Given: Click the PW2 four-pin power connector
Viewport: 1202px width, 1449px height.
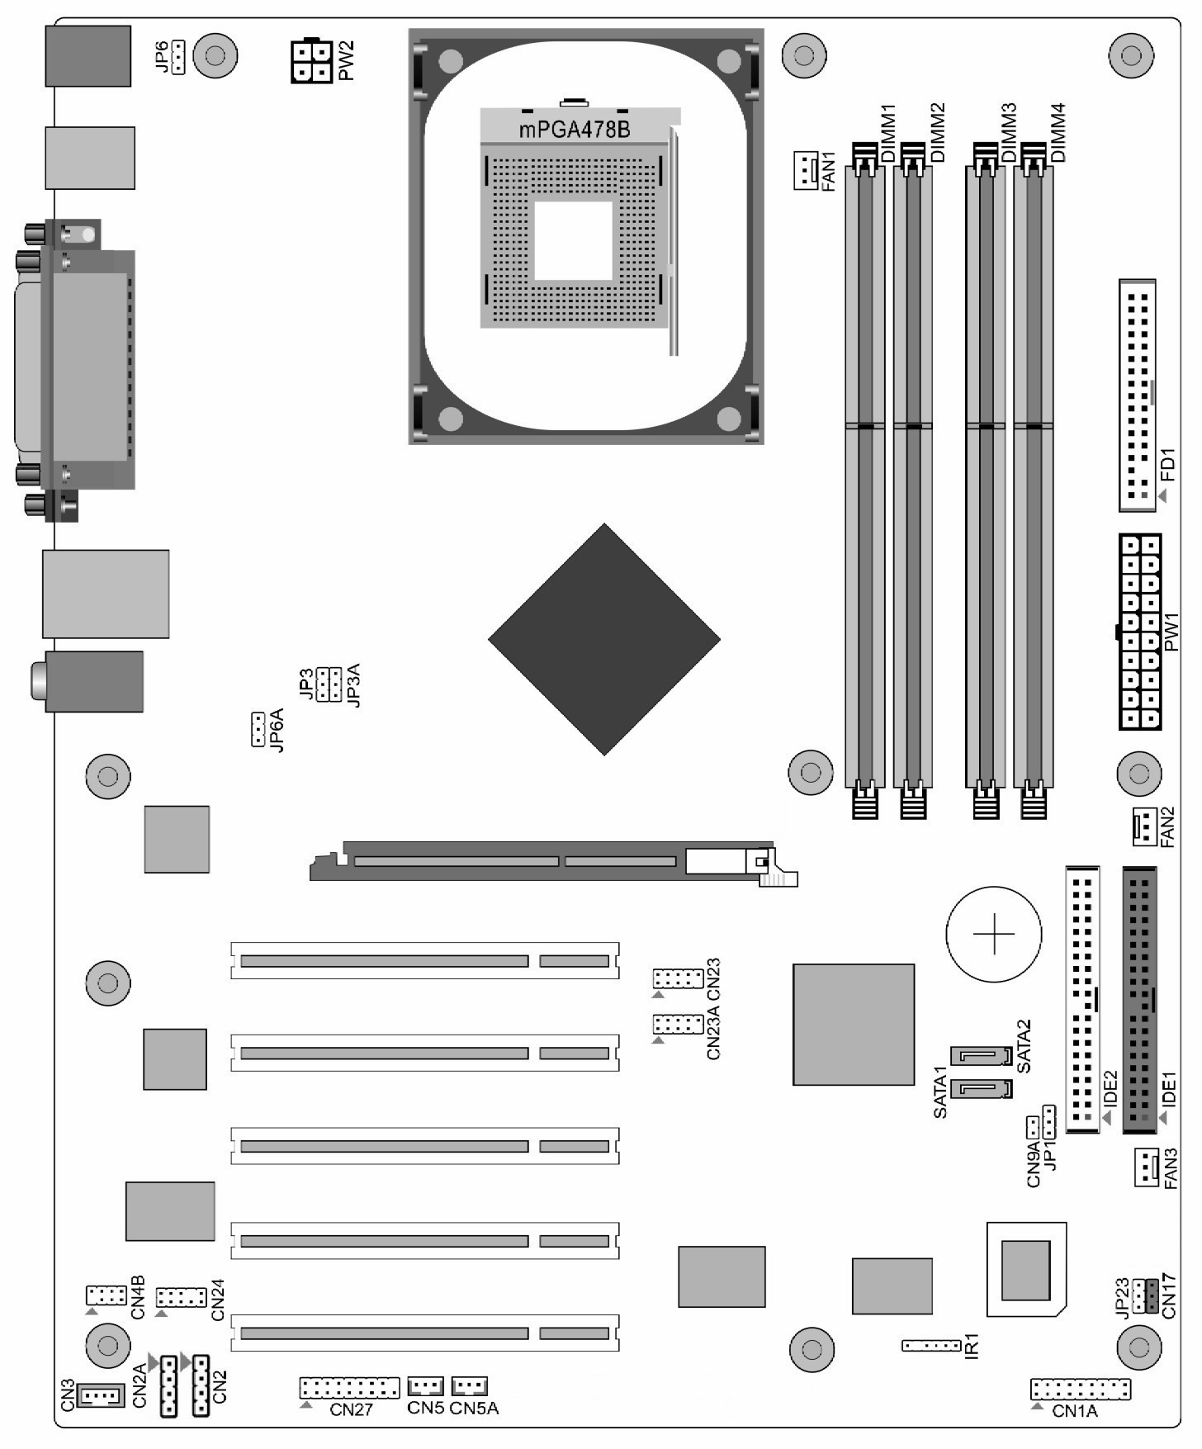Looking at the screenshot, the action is click(311, 61).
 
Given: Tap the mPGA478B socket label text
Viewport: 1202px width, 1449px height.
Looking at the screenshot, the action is click(575, 130).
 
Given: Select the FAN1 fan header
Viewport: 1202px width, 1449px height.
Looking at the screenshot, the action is click(805, 170).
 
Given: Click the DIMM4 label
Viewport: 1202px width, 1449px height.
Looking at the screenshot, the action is click(1058, 132).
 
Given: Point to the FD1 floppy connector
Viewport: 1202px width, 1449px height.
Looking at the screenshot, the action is click(1137, 395).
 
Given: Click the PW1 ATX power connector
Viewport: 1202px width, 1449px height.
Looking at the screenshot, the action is click(1140, 632).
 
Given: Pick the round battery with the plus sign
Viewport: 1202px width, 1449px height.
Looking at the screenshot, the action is click(994, 934).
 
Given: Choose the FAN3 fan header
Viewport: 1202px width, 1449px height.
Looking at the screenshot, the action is click(1146, 1167).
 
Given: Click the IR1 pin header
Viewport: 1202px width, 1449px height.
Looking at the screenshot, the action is click(931, 1346).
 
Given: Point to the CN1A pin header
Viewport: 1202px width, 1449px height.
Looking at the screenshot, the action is click(1080, 1389).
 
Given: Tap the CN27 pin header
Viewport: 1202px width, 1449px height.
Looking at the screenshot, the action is click(349, 1387).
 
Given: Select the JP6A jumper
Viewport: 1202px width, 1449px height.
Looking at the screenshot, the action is click(258, 729).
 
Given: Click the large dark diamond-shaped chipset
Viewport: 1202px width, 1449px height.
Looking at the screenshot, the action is click(604, 639).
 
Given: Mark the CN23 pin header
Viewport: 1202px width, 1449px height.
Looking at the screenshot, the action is click(678, 979).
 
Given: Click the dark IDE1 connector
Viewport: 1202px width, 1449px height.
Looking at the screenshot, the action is click(1139, 999).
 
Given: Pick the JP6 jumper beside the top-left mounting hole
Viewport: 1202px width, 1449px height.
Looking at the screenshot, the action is click(178, 57).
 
